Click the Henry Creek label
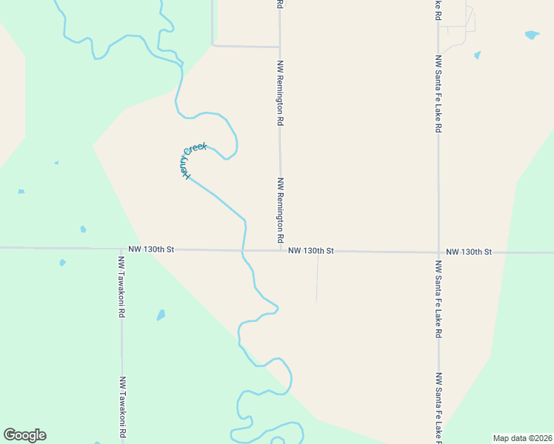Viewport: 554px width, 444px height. [x=194, y=161]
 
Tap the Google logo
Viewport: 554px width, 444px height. [x=24, y=435]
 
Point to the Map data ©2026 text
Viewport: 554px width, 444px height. [x=523, y=437]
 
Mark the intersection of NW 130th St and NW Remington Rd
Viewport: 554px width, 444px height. [x=280, y=251]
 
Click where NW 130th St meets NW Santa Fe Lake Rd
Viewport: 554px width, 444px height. [x=438, y=252]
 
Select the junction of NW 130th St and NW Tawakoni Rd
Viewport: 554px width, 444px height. [x=121, y=249]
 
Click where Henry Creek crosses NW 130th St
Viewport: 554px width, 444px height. [x=244, y=250]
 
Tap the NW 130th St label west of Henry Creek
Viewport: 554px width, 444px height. [x=150, y=250]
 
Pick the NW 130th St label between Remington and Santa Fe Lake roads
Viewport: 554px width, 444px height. [x=311, y=251]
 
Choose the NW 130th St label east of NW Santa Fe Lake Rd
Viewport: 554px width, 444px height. [x=470, y=252]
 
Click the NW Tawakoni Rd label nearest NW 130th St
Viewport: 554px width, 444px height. [x=121, y=287]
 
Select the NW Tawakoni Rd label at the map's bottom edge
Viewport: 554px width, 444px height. [x=121, y=407]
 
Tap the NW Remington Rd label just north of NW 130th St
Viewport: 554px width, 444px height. [x=281, y=210]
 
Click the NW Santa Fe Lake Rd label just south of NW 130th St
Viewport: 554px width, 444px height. [x=439, y=299]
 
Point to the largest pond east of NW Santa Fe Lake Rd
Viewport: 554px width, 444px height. [x=531, y=35]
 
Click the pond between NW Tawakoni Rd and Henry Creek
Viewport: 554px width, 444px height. [x=161, y=315]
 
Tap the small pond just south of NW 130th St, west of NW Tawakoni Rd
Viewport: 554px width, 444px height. [x=62, y=263]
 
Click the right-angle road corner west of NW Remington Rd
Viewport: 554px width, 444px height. [x=213, y=45]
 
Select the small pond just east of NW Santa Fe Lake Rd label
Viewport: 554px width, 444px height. [x=477, y=55]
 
